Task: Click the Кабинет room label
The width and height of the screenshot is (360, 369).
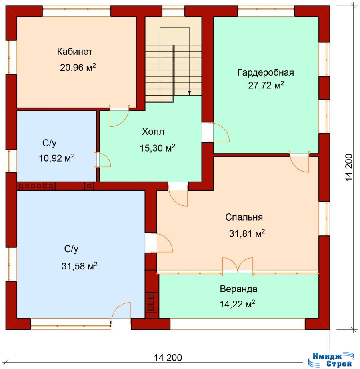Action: point(75,52)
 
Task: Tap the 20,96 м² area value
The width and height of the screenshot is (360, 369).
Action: point(78,67)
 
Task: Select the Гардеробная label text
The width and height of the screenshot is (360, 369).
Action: point(265,72)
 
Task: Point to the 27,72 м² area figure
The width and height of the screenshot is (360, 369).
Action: point(266,85)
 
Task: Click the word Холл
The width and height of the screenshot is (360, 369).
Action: point(153,132)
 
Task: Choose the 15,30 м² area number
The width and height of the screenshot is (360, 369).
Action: point(158,148)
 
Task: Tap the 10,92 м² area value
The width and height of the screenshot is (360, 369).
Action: point(56,158)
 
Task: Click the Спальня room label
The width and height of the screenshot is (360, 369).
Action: point(244,217)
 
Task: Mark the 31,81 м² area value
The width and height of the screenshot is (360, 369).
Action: point(247,233)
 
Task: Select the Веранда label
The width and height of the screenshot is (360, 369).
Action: point(238,289)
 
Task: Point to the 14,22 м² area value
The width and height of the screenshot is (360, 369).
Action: point(237,304)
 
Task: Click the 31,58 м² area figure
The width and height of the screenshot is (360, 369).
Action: point(79,266)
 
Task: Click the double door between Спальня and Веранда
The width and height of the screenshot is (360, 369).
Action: point(238,265)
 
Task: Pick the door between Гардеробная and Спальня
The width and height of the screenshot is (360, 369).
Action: point(299,162)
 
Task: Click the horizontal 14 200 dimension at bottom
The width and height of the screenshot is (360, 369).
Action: point(168,357)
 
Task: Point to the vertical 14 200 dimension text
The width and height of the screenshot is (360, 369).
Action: point(349,168)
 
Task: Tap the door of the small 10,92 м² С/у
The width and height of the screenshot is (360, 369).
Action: point(103,160)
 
